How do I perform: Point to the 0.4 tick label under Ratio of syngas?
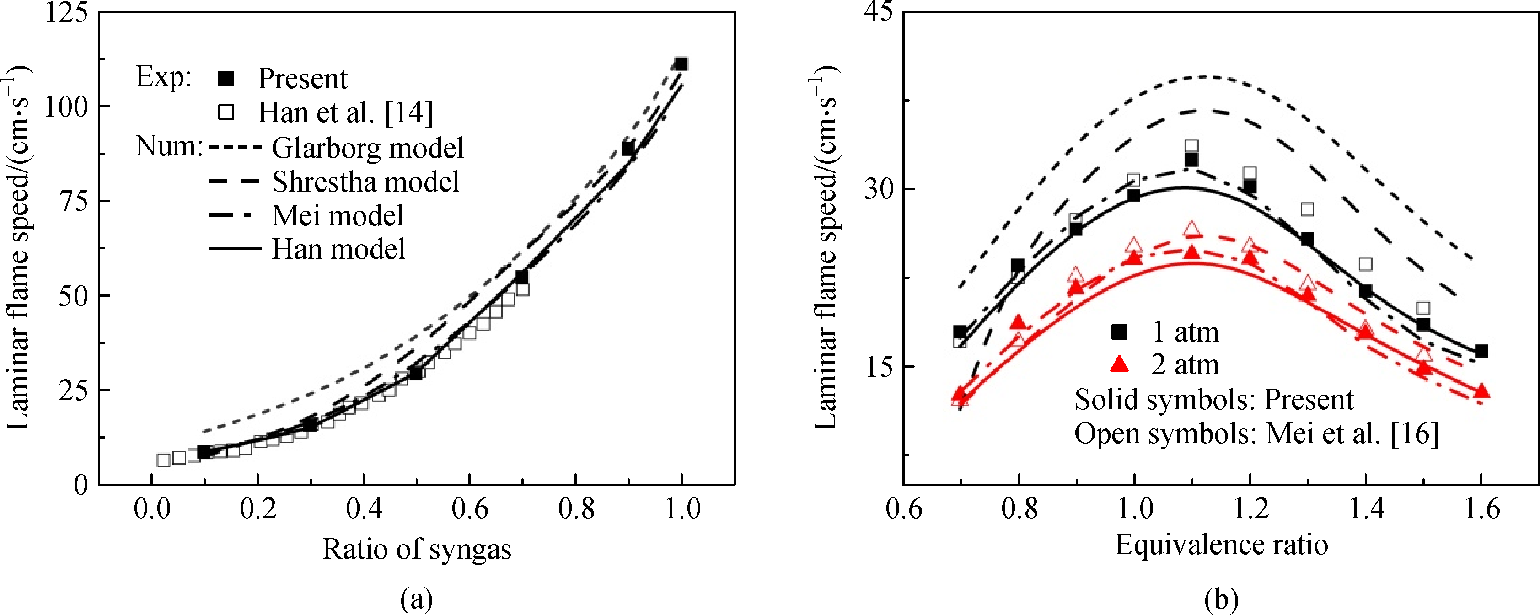(x=364, y=508)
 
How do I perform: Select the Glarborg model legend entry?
(x=367, y=148)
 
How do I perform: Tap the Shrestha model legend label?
(x=365, y=182)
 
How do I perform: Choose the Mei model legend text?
(x=338, y=216)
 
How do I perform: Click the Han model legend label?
(x=338, y=249)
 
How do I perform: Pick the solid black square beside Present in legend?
(x=226, y=78)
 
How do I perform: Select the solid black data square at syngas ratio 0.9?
(x=628, y=149)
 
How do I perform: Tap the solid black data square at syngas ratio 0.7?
(x=522, y=277)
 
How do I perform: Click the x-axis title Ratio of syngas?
(x=417, y=549)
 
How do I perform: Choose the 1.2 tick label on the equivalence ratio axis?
(x=1250, y=508)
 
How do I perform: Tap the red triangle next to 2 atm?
(x=1119, y=364)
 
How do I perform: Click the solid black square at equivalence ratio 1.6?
(x=1481, y=351)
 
